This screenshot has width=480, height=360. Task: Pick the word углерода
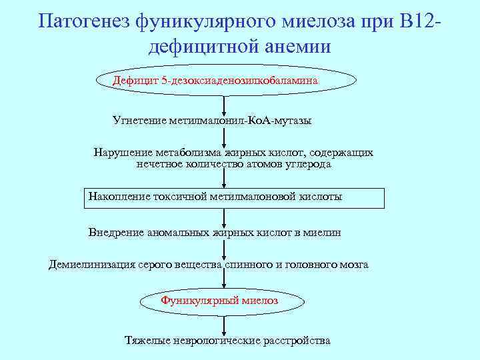(x=308, y=163)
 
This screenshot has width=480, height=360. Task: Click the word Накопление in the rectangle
(x=119, y=197)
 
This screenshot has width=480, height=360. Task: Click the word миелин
(x=323, y=233)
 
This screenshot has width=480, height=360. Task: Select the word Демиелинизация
(x=91, y=264)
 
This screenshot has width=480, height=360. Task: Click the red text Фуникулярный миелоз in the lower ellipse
(x=219, y=301)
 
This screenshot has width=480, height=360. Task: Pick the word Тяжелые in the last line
(x=146, y=341)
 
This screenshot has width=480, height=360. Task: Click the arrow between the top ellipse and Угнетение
(x=225, y=104)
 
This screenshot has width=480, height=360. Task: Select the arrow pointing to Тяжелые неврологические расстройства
(x=225, y=324)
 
